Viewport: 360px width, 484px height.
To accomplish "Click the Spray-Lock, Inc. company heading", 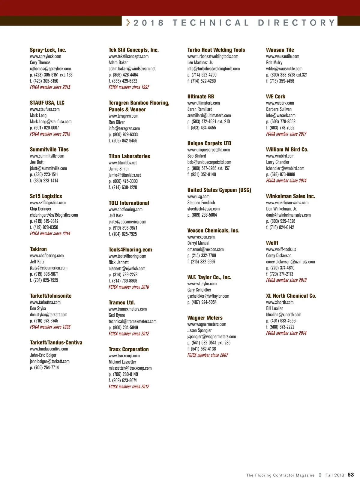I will [x=48, y=50].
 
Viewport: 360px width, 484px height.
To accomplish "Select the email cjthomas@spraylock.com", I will [x=50, y=69].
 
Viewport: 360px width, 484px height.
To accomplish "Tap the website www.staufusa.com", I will [x=45, y=109].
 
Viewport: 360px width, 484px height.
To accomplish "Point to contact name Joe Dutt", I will [x=37, y=162].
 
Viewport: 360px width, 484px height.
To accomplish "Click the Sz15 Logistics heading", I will [x=46, y=196].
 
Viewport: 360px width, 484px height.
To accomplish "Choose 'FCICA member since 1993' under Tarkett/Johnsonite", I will [x=50, y=327].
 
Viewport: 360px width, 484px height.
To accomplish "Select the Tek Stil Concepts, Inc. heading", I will [x=133, y=50].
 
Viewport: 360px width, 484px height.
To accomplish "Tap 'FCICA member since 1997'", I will [x=129, y=87].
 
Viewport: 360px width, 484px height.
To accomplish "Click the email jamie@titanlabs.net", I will [x=124, y=175].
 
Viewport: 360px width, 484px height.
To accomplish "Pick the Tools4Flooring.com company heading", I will [x=130, y=250].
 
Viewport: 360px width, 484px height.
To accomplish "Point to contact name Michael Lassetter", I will [x=122, y=362].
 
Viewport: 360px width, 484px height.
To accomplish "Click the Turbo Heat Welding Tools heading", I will [x=216, y=50].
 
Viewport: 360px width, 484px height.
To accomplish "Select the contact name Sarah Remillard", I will [x=200, y=109].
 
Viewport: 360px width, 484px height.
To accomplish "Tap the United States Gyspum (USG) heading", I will [x=219, y=190].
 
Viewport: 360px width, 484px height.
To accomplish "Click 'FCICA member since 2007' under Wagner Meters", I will [x=208, y=355].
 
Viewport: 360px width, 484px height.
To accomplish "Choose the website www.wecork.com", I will [x=280, y=103].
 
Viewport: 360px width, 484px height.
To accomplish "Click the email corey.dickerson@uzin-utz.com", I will [x=290, y=262].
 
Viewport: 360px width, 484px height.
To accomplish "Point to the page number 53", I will [x=351, y=475].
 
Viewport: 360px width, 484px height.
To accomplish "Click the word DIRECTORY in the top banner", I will [x=296, y=23].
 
